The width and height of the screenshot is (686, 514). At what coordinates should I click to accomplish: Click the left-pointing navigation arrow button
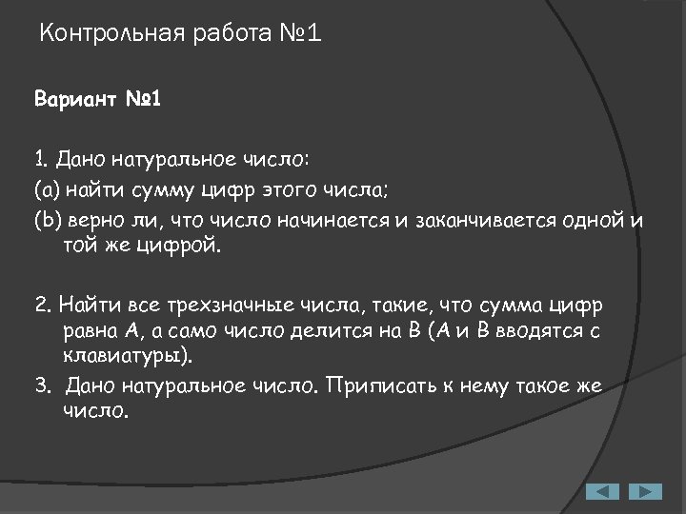[x=601, y=491]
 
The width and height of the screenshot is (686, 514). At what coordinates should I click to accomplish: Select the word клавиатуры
[x=124, y=357]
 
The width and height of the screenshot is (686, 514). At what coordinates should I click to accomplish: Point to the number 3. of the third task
[x=43, y=387]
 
